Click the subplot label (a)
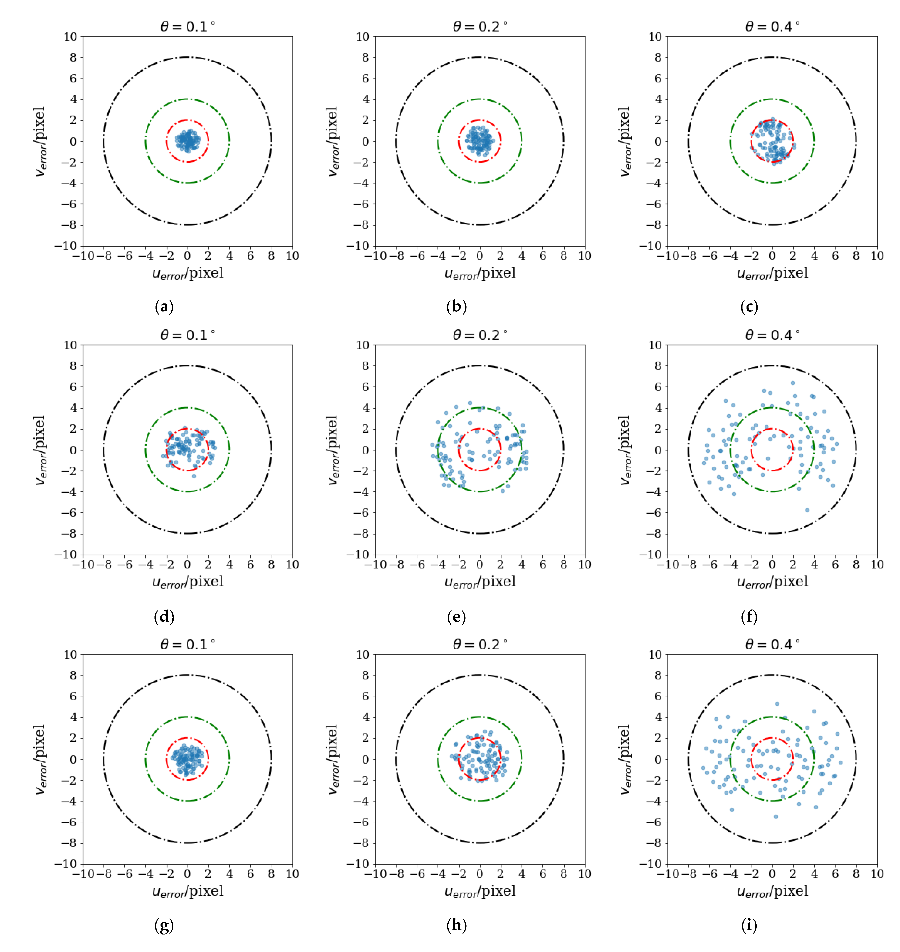point(164,307)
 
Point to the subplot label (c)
point(749,307)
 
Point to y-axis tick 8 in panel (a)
point(73,58)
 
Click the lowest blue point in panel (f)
point(807,510)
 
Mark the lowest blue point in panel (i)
point(776,816)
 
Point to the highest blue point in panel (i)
point(777,704)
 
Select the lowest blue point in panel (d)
point(194,476)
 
